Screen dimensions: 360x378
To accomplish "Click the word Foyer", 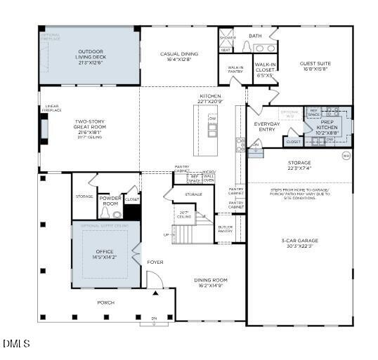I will tap(155, 262).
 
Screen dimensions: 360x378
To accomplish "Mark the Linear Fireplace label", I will tap(51, 109).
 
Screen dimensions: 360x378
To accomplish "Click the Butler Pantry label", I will tap(226, 229).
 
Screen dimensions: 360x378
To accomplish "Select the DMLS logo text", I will tap(17, 344).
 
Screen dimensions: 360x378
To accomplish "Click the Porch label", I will tap(106, 302).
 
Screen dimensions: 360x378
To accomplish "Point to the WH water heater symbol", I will tap(345, 156).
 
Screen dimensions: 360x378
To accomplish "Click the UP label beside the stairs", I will tap(166, 234).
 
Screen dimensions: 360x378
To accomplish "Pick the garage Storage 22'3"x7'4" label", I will tap(299, 165).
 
